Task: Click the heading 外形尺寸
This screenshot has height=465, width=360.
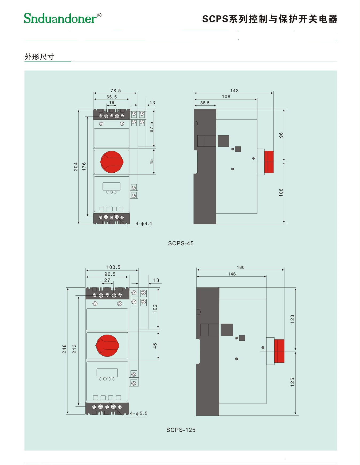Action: (x=40, y=57)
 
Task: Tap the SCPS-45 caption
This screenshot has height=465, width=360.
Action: (x=181, y=243)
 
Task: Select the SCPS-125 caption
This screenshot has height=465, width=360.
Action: (x=181, y=430)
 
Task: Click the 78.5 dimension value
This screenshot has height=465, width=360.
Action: (x=116, y=91)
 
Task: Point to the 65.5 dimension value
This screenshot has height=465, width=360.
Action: (x=112, y=97)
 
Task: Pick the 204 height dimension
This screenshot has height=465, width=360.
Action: (x=76, y=166)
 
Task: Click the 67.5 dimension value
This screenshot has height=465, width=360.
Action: (x=152, y=127)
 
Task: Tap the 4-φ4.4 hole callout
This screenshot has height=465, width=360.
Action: (x=144, y=224)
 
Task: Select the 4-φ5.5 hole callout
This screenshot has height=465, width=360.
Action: (x=139, y=413)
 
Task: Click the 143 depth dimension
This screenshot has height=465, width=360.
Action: (x=234, y=91)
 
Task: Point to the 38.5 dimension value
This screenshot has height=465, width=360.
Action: (x=205, y=103)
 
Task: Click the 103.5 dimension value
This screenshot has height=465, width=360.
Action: (x=113, y=267)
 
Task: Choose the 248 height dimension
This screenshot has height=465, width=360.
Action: (x=64, y=349)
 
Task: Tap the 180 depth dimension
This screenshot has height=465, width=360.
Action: (x=241, y=268)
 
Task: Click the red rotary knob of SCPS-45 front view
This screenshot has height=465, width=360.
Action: (x=112, y=162)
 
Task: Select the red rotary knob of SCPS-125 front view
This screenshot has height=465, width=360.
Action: (x=107, y=346)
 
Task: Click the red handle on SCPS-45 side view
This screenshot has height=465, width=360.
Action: (x=269, y=162)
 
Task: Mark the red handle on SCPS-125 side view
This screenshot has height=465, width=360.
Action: (x=279, y=351)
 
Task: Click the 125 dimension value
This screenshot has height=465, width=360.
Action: (x=292, y=382)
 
